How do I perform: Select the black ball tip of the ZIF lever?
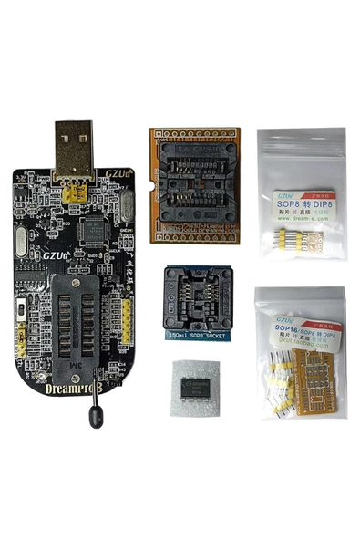click(94, 419)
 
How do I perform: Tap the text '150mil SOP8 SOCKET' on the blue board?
click(196, 337)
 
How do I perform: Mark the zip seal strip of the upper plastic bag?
click(300, 140)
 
